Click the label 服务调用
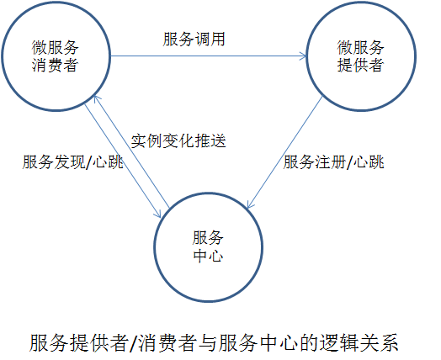point(194,40)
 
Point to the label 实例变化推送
point(178,140)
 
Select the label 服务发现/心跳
point(73,162)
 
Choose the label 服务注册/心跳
point(333,162)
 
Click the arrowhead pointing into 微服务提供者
point(303,56)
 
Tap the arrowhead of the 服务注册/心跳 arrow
point(250,204)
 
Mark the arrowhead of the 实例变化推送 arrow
point(97,99)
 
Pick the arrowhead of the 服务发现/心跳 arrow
point(158,214)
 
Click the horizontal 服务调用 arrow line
point(209,56)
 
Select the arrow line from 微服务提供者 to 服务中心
point(284,152)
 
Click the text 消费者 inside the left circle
point(56,66)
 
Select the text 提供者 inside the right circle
point(360,66)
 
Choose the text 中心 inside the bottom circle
point(209,256)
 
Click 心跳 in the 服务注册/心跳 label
point(369,162)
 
